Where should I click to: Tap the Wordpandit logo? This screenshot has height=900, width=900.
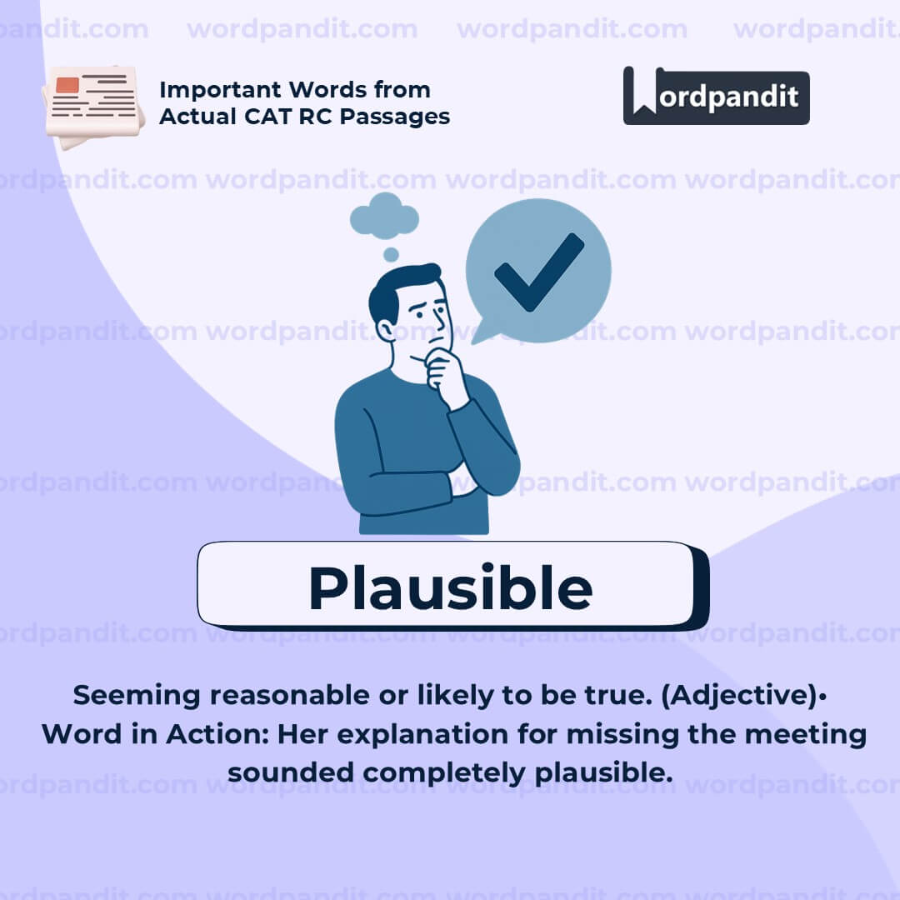(x=716, y=97)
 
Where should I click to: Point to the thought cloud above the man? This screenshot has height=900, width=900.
(x=384, y=216)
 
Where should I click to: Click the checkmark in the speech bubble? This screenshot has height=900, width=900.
(x=538, y=272)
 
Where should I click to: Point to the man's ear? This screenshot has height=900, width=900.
(x=386, y=328)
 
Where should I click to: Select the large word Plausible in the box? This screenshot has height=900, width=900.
(x=450, y=587)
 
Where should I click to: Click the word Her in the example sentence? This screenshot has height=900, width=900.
(x=299, y=734)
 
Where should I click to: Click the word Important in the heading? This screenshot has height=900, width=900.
(x=221, y=90)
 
